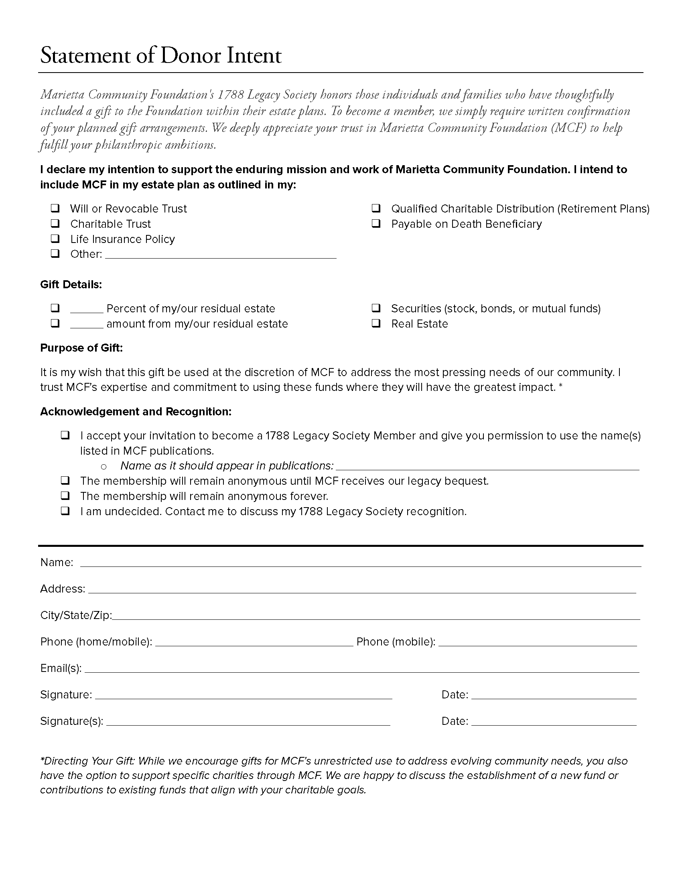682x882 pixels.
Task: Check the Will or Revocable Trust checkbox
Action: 55,208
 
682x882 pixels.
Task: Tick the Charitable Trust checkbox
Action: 55,223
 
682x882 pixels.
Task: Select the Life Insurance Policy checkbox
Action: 55,239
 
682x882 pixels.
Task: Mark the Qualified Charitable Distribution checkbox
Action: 376,208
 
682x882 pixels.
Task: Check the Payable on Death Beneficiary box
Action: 376,223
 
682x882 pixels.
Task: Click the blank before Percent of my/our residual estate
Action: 87,309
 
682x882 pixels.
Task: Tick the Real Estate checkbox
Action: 376,324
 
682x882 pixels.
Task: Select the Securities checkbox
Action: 376,309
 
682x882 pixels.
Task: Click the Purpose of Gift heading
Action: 81,348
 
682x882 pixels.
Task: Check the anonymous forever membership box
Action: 65,496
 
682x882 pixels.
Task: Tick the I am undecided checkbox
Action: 65,511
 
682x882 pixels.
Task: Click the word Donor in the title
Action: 191,55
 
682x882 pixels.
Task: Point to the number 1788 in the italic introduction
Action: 231,95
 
